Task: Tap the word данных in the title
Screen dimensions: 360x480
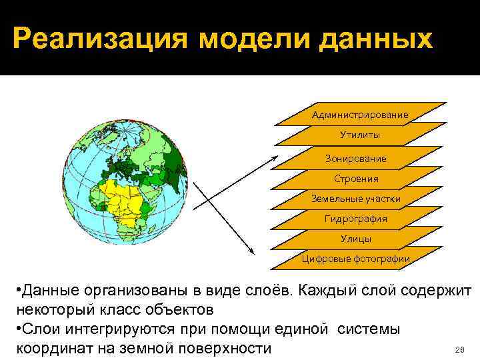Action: coord(379,39)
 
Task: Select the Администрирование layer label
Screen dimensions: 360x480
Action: coord(360,115)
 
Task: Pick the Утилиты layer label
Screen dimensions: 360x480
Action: coord(360,135)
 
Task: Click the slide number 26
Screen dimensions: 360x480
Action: coord(458,349)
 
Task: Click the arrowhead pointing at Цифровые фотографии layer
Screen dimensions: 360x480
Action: coord(251,251)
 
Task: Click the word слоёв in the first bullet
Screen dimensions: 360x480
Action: coord(267,291)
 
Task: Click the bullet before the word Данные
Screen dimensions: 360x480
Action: coord(16,291)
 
